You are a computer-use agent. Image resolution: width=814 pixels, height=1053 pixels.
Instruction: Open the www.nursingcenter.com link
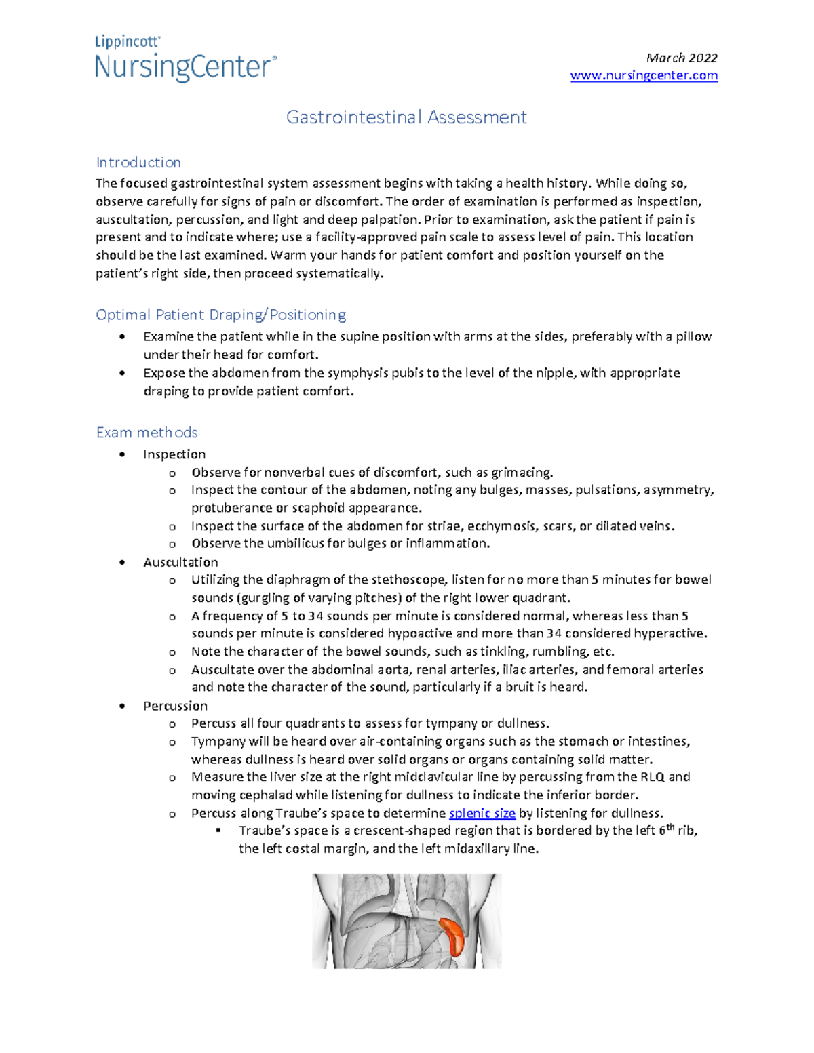(644, 75)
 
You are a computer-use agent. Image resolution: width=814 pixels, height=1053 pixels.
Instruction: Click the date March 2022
(682, 58)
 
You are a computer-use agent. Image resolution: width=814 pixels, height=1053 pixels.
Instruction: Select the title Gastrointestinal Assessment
(406, 117)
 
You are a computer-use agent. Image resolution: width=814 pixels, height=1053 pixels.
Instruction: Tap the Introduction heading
(138, 163)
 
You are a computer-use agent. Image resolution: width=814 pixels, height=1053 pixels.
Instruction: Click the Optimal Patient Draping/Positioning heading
(220, 315)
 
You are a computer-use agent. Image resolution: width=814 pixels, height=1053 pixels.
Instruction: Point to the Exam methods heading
(147, 433)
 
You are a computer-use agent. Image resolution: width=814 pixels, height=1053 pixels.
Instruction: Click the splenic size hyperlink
(482, 813)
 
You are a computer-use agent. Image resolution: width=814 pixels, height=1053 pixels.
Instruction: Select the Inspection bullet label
(174, 454)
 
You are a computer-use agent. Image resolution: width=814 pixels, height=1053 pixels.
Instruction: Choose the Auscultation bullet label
(180, 562)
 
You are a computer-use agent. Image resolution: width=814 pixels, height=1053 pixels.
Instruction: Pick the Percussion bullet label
(175, 706)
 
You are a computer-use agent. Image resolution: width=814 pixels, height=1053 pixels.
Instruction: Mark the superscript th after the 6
(670, 827)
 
